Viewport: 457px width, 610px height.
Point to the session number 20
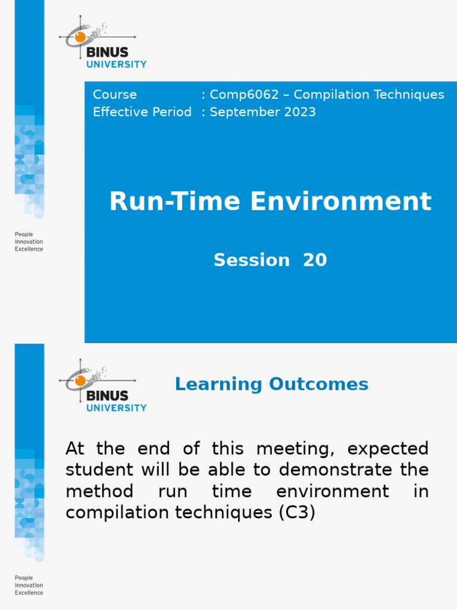coord(315,260)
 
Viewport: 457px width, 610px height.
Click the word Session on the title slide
coord(252,260)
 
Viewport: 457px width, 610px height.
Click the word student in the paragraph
coord(101,469)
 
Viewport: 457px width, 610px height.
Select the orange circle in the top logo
coord(80,37)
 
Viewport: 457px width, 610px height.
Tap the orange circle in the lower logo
coord(80,381)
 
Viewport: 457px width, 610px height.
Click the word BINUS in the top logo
coord(107,52)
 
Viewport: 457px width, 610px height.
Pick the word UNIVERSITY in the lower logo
coord(117,408)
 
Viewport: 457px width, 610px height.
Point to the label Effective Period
coord(142,112)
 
